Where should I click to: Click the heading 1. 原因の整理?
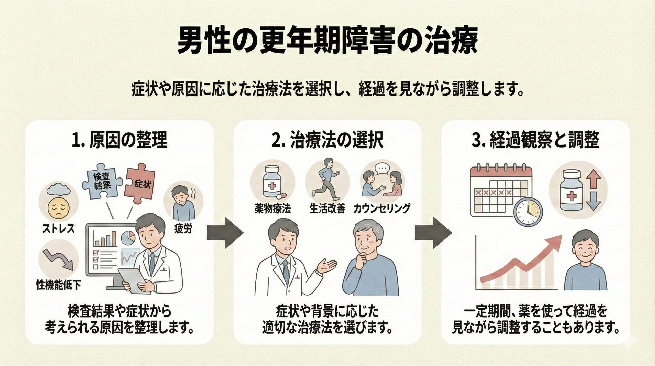(x=119, y=141)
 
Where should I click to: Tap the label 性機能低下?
(x=58, y=285)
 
